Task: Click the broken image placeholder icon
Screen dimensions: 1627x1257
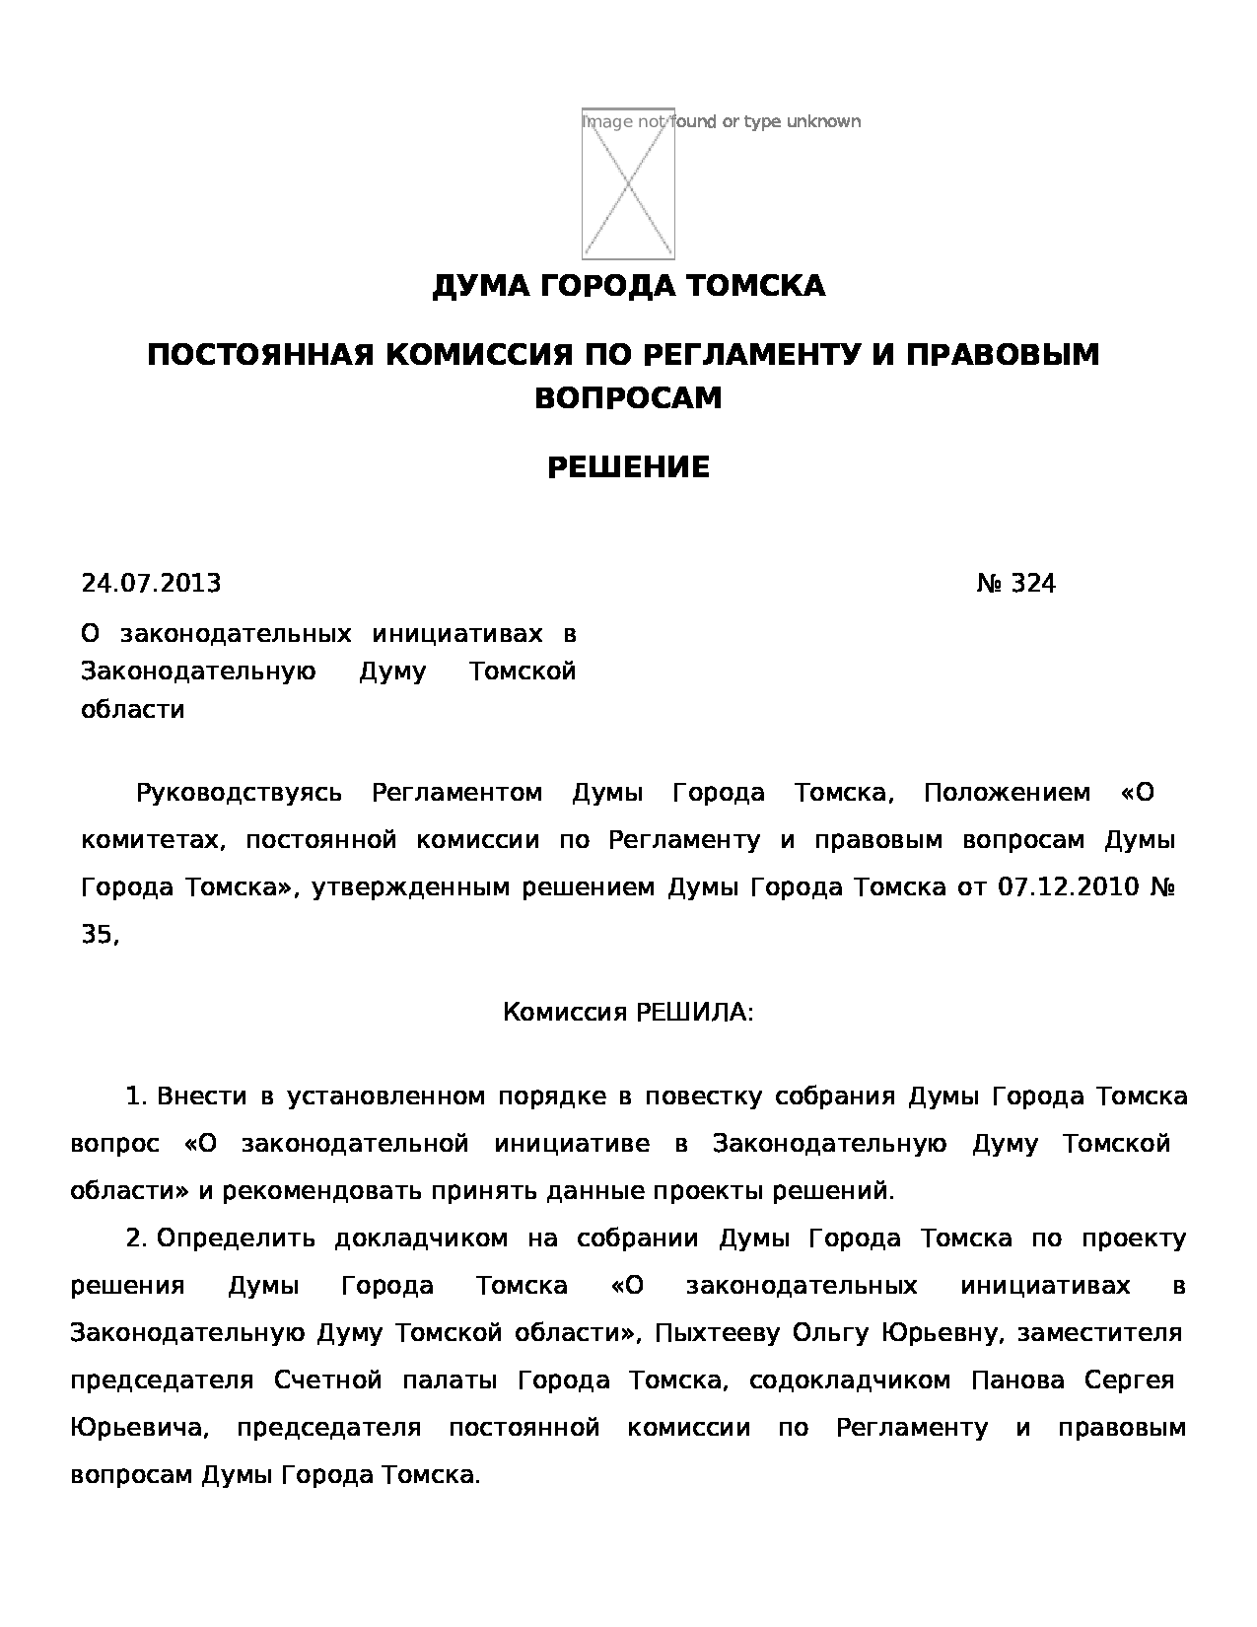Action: click(x=628, y=183)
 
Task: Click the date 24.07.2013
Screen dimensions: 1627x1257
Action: click(x=151, y=584)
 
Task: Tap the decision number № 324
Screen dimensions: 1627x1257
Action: click(x=1016, y=584)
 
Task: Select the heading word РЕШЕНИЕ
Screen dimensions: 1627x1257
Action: click(x=628, y=467)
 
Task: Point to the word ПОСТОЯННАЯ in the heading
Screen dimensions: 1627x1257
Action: click(x=260, y=354)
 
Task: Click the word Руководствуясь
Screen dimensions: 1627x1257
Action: click(x=239, y=793)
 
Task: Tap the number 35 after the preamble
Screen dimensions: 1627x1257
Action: click(x=97, y=935)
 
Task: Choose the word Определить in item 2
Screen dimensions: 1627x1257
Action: click(x=235, y=1238)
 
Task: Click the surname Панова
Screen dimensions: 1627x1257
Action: click(x=1018, y=1380)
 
